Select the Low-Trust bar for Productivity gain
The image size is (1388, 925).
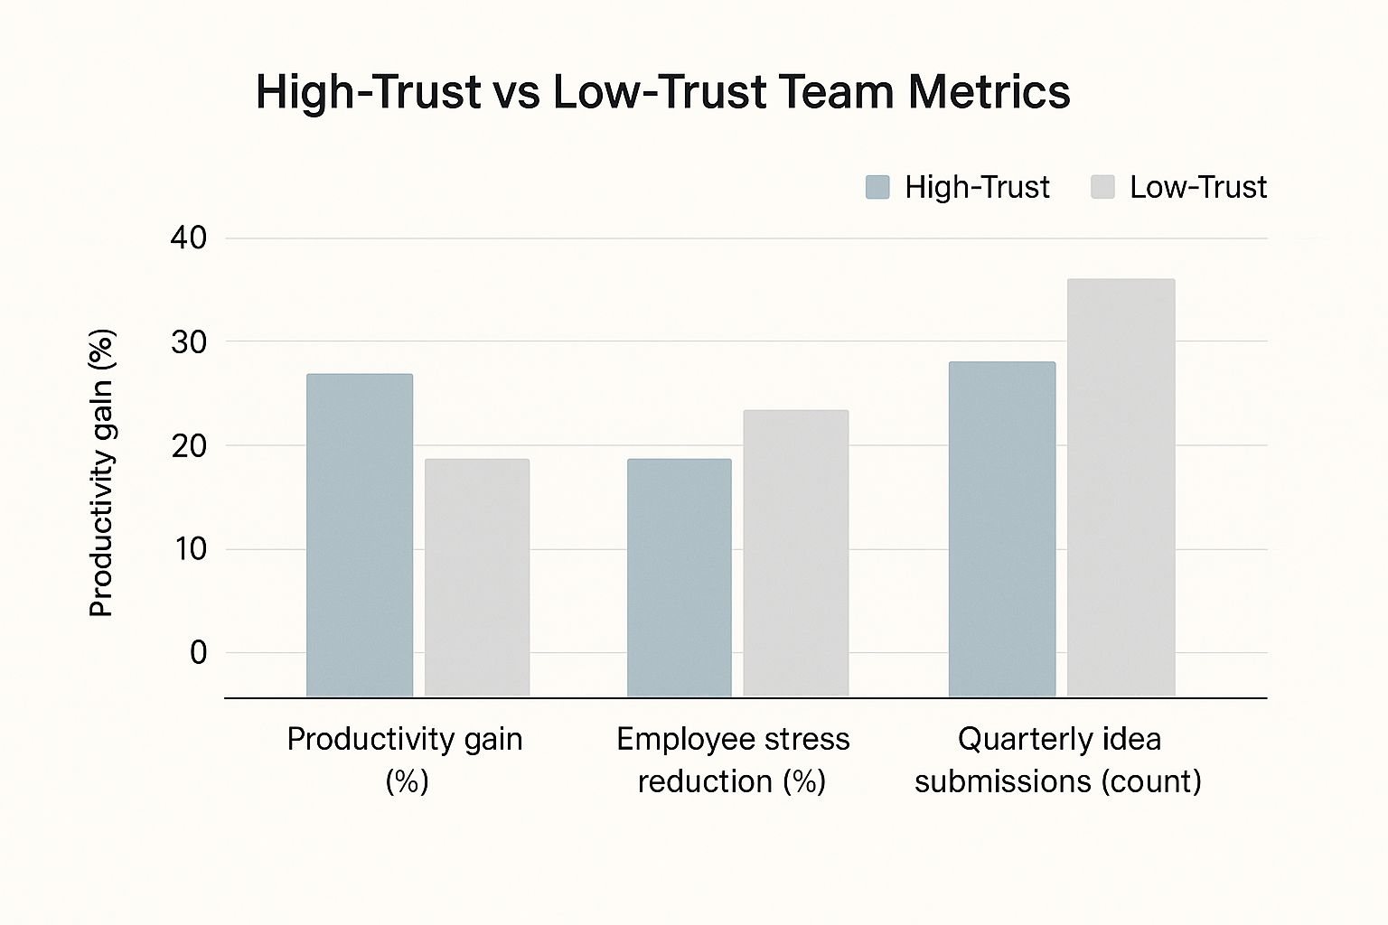coord(477,578)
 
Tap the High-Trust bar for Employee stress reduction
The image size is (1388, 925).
coord(680,578)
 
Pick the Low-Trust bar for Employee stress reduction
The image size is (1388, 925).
coord(795,553)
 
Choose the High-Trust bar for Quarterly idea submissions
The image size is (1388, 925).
coord(1001,529)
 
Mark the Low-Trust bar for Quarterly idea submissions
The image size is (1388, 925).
coord(1121,488)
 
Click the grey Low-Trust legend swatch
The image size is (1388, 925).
coord(1102,187)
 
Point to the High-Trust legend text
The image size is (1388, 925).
coord(977,187)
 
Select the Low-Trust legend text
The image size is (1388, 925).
coord(1197,187)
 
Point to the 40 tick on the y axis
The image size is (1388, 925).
coord(188,238)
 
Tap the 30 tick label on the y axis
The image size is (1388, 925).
coord(188,342)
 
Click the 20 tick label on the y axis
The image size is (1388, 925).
coord(188,446)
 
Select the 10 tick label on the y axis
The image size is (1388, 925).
coord(190,549)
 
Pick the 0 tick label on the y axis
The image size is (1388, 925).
coord(198,652)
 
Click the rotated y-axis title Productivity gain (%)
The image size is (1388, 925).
coord(101,473)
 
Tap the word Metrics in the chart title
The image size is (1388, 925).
coord(989,92)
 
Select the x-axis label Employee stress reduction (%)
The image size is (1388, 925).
coord(733,760)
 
